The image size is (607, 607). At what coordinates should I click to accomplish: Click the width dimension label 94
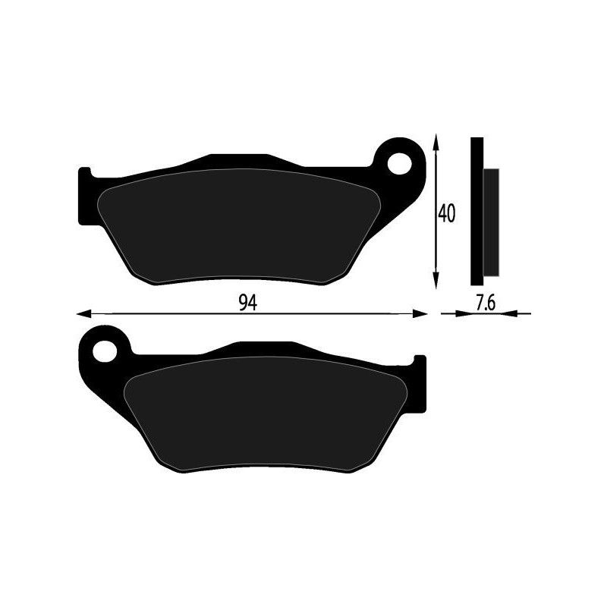[246, 303]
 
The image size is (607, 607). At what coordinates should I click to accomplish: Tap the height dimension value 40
[446, 214]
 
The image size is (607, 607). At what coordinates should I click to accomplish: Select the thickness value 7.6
[486, 303]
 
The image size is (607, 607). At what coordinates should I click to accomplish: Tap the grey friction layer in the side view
[492, 222]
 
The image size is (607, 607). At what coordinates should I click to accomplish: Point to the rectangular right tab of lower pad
[419, 385]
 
